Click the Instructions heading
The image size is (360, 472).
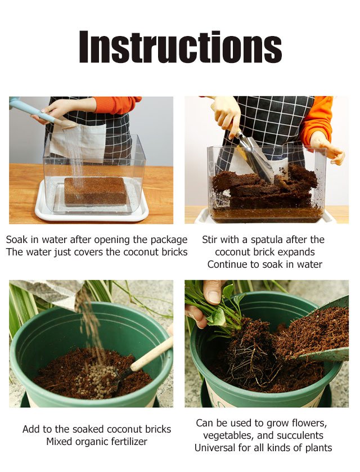pos(181,46)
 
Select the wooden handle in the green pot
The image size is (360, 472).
pos(151,355)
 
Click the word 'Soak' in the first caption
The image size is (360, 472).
pos(17,240)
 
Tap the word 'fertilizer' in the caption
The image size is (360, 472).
pos(129,442)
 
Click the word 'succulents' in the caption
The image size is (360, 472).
pos(300,435)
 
